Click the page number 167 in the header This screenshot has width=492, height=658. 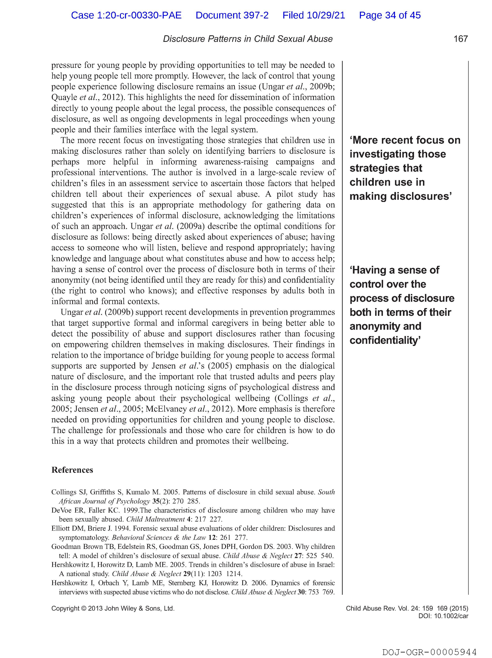click(460, 39)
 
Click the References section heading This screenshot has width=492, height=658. click(72, 470)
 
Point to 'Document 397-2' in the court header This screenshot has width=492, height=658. click(232, 15)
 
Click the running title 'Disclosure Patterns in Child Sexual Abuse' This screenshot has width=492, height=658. click(248, 39)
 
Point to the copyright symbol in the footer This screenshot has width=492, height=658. click(84, 609)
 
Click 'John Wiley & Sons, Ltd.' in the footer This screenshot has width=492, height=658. click(139, 609)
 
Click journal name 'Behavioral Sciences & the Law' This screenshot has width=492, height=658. click(159, 538)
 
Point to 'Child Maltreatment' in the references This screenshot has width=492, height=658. click(156, 519)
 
